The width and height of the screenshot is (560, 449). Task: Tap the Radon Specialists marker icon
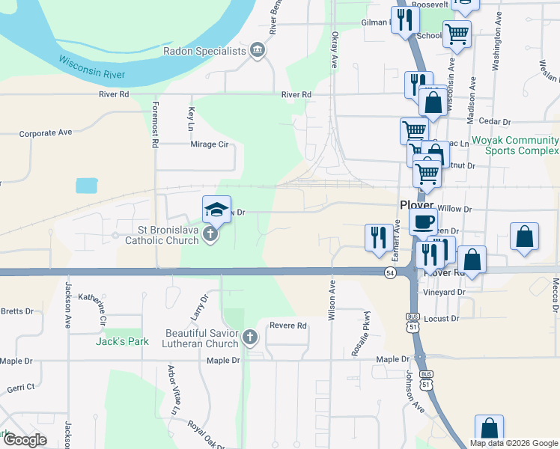click(258, 51)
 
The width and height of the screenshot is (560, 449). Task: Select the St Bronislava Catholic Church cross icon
click(211, 234)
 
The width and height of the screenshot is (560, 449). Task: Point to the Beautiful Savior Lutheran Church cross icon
click(250, 338)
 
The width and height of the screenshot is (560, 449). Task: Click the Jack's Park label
click(122, 341)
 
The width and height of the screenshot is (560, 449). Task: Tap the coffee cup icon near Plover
click(423, 222)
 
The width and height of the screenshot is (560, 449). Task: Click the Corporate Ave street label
click(46, 132)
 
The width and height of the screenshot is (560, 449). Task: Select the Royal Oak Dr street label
click(207, 432)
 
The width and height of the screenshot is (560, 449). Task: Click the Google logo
click(24, 439)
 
